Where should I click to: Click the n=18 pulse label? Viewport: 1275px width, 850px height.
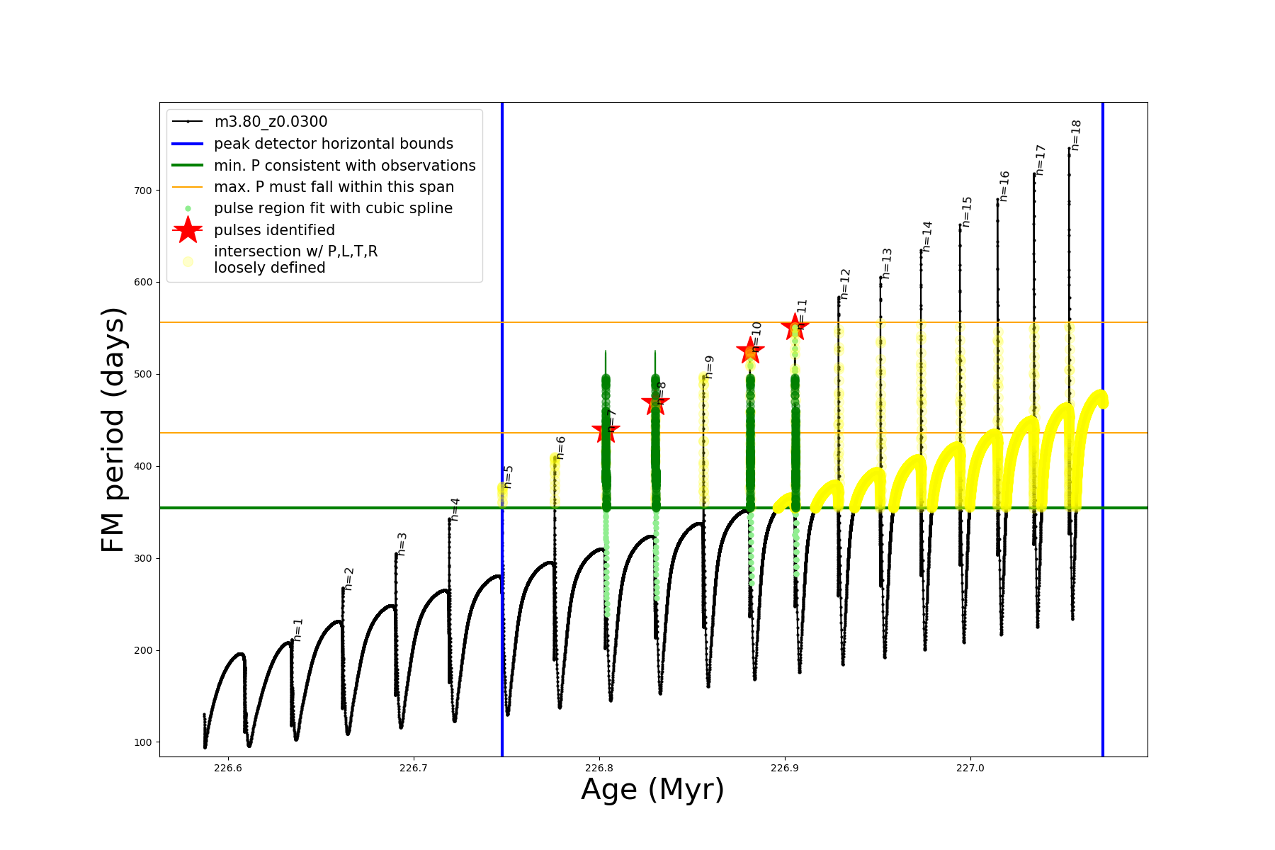[x=1076, y=135]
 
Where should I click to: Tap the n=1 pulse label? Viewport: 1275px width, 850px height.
[x=298, y=630]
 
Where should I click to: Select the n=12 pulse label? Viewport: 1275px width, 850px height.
[x=845, y=284]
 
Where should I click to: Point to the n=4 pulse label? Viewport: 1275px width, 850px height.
[x=455, y=509]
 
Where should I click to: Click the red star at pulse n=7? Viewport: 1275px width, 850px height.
[x=606, y=430]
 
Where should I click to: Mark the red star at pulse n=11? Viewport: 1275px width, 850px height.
[x=795, y=327]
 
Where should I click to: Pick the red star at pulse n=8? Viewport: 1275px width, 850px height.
[x=655, y=404]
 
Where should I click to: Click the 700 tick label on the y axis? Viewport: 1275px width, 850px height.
[x=142, y=191]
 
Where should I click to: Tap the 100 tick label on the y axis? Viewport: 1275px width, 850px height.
[x=142, y=742]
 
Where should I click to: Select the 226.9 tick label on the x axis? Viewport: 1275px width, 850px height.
[x=784, y=768]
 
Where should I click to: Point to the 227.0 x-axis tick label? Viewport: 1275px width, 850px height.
[x=970, y=768]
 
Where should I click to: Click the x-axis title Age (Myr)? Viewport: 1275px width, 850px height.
[x=652, y=790]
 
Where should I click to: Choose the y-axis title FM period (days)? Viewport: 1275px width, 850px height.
[x=113, y=430]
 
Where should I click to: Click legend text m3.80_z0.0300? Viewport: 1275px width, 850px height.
[x=271, y=122]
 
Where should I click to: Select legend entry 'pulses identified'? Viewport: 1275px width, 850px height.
[x=274, y=230]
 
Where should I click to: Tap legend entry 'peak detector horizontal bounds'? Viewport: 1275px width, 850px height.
[x=333, y=144]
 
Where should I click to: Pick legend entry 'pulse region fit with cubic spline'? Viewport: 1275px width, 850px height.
[x=333, y=208]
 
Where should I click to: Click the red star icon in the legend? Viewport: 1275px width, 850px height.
[x=188, y=229]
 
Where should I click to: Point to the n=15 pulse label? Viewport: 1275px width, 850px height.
[x=967, y=212]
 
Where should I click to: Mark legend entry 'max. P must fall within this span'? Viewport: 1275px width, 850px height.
[x=334, y=187]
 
